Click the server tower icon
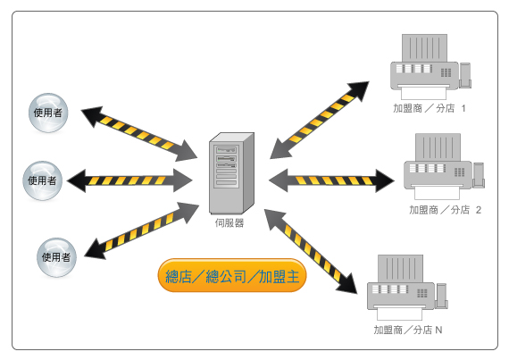click(x=231, y=173)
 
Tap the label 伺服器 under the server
click(x=229, y=223)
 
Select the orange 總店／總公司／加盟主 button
click(x=232, y=276)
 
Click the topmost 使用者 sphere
click(x=48, y=113)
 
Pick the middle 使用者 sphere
click(x=42, y=180)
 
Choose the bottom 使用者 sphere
click(x=56, y=257)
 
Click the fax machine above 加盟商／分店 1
click(x=430, y=66)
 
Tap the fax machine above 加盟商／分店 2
click(x=444, y=166)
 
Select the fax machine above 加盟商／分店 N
click(x=407, y=288)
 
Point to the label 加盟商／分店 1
click(x=430, y=108)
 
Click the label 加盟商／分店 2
click(x=445, y=210)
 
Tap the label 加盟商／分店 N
click(x=408, y=331)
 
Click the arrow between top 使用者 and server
click(x=139, y=134)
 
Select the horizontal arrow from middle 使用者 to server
click(x=129, y=180)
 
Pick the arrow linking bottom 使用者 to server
click(x=141, y=230)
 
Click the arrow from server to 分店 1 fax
click(x=320, y=120)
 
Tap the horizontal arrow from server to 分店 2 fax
click(x=332, y=180)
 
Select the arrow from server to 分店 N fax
click(x=311, y=252)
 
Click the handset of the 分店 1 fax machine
click(x=465, y=75)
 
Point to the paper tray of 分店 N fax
click(x=399, y=313)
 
